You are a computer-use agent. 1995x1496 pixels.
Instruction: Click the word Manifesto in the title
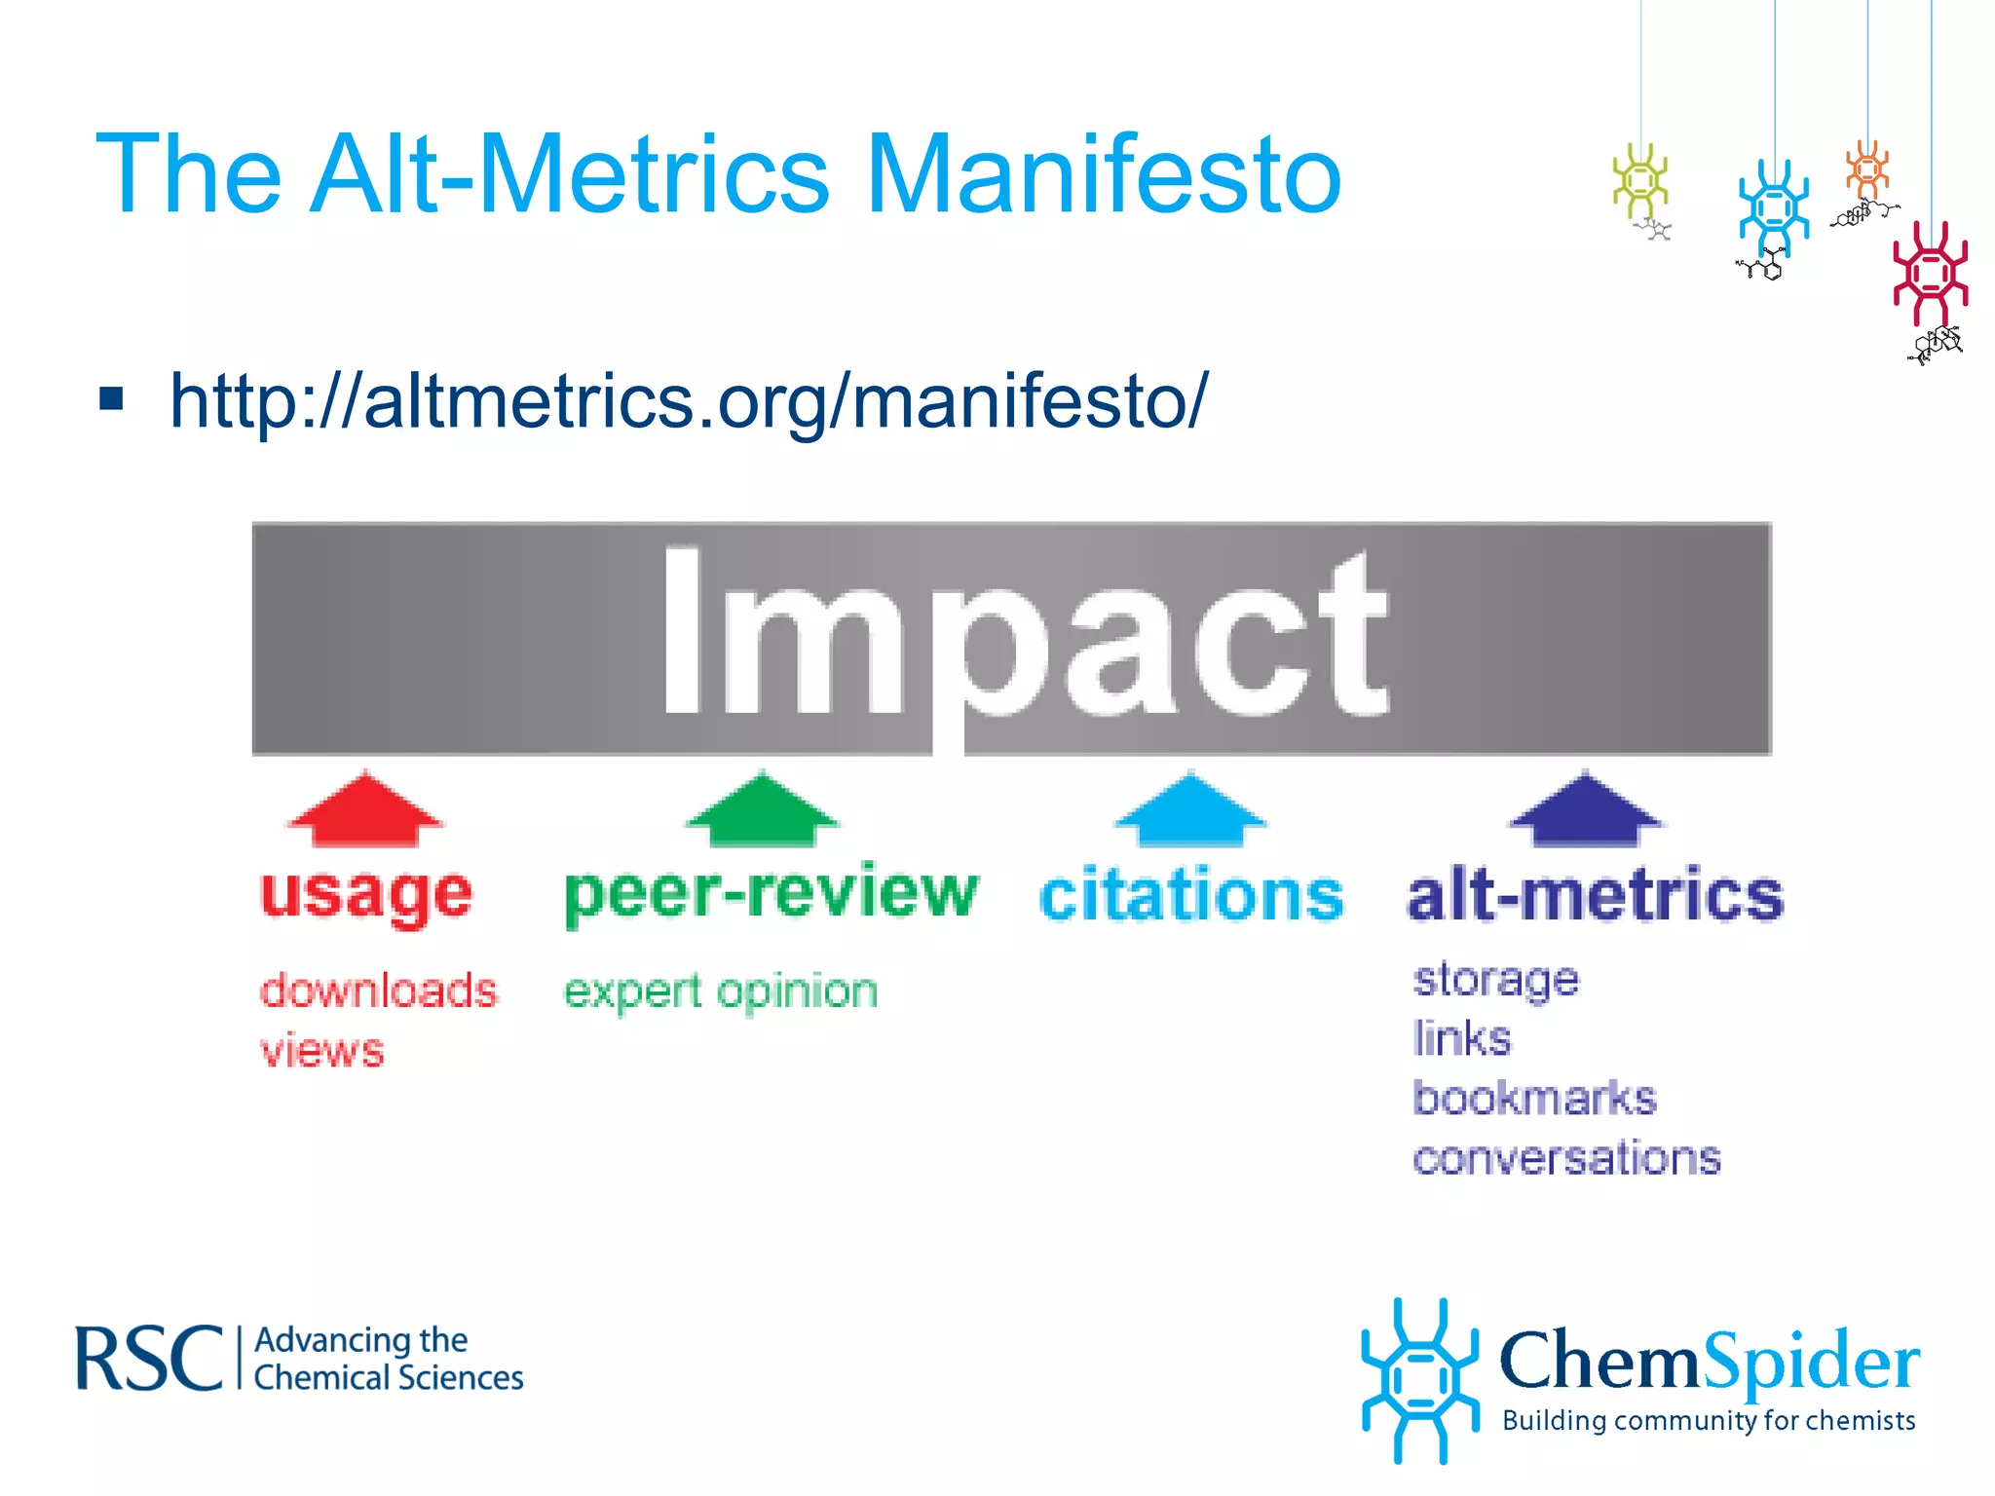[1103, 175]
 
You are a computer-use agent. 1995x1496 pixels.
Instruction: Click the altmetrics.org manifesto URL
[689, 401]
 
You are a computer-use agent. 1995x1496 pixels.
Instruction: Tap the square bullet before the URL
[112, 399]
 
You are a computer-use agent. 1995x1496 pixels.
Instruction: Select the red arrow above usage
[365, 810]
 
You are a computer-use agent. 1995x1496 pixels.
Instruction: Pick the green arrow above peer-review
[763, 810]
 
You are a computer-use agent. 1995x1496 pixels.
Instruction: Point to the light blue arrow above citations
[1190, 810]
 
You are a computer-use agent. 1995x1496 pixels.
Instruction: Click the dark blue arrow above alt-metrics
[1585, 810]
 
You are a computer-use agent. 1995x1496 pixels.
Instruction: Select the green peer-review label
[771, 894]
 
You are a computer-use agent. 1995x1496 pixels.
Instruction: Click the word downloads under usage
[378, 991]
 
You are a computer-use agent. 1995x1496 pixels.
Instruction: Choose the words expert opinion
[721, 992]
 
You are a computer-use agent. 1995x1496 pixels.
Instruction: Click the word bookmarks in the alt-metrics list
[1534, 1099]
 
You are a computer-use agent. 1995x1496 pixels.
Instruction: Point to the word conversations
[1566, 1159]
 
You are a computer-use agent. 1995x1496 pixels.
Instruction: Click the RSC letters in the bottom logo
[149, 1360]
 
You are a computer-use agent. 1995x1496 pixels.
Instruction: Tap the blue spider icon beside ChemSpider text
[1419, 1380]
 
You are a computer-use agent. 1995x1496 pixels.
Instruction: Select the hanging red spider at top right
[1930, 275]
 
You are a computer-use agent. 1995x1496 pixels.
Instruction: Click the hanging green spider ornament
[1640, 181]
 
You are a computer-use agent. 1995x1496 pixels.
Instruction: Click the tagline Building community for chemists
[1709, 1421]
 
